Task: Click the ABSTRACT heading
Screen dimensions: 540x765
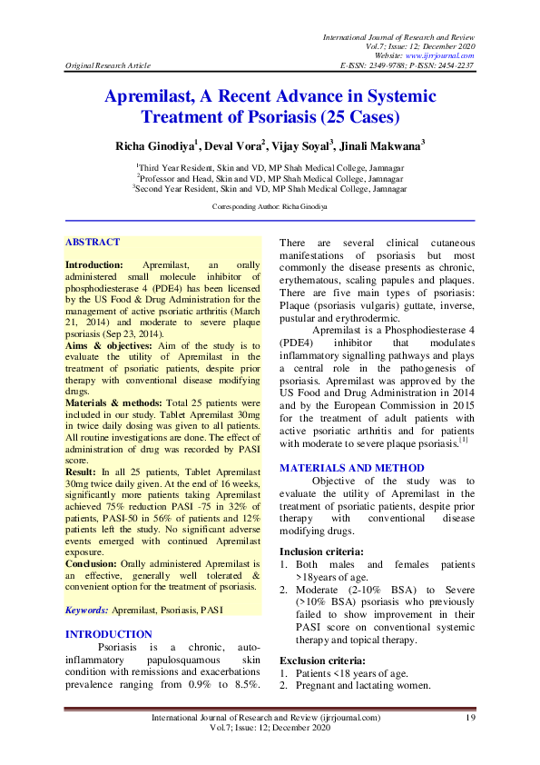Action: tap(92, 243)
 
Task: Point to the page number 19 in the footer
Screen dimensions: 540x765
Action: tap(470, 719)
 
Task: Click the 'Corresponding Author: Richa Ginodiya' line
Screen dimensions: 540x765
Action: tap(270, 207)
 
